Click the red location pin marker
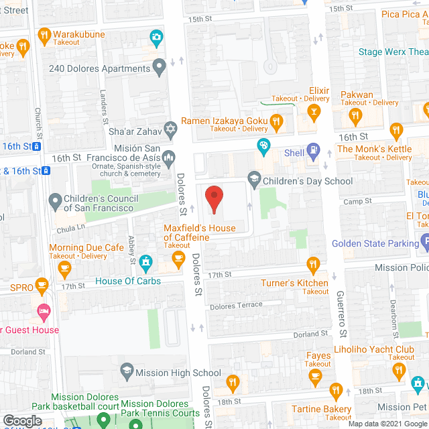(x=213, y=198)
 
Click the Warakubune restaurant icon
(x=44, y=34)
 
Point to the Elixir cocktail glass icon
(x=312, y=111)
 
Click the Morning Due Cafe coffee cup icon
(x=64, y=268)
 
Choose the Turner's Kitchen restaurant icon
(x=312, y=263)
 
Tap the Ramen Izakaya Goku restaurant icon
(x=275, y=121)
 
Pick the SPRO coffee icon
(x=42, y=285)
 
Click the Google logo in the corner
(x=21, y=420)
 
